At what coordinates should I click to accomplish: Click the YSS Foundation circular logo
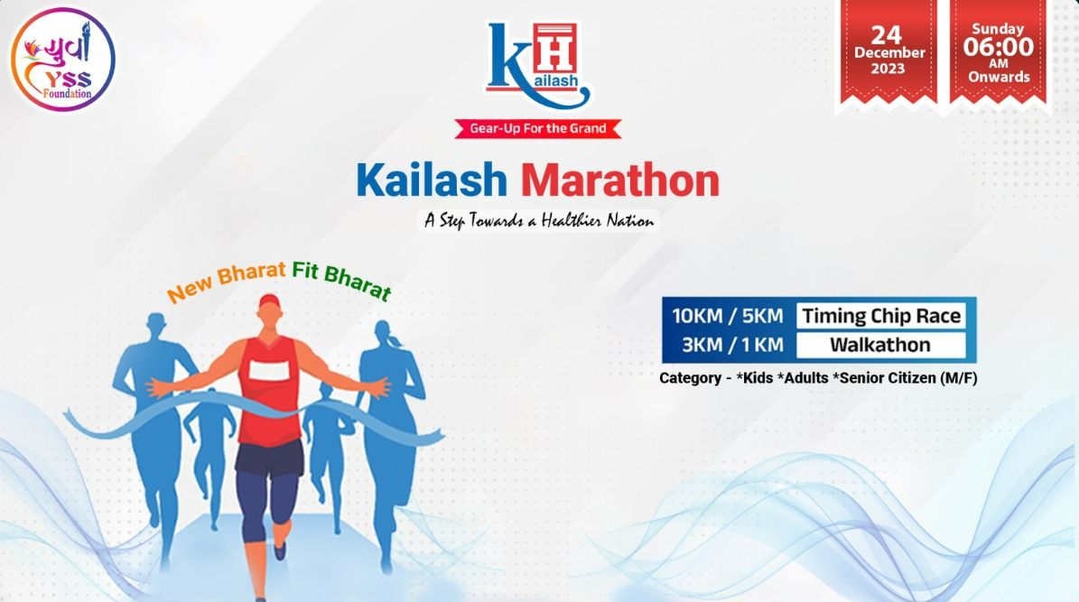tap(63, 60)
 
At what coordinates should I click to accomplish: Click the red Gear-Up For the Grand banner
tap(538, 128)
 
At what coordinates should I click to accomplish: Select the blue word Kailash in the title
tap(432, 181)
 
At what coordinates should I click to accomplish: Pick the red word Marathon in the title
tap(620, 181)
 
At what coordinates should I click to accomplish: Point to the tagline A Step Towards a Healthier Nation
tap(538, 220)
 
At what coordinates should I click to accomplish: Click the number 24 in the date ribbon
tap(886, 33)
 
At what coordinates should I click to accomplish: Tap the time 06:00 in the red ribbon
tap(998, 46)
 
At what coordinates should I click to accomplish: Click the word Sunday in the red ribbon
tap(998, 28)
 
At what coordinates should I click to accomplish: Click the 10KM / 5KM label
tap(727, 316)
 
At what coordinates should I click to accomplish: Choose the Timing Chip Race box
tap(880, 316)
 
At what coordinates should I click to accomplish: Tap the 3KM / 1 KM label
tap(727, 345)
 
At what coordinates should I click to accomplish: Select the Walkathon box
tap(880, 345)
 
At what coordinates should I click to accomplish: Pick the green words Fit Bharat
tap(340, 281)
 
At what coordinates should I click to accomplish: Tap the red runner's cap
tap(270, 301)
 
